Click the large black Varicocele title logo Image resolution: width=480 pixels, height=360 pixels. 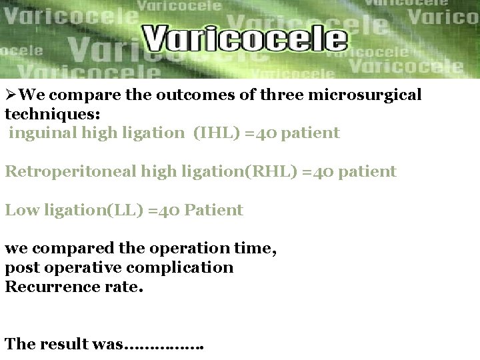click(x=245, y=38)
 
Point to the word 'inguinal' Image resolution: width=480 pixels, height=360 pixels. click(x=43, y=133)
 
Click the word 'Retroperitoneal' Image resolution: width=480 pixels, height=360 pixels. click(x=71, y=171)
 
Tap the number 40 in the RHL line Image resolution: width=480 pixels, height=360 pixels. click(x=322, y=171)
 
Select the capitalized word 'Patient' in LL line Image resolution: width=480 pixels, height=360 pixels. click(x=213, y=210)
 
